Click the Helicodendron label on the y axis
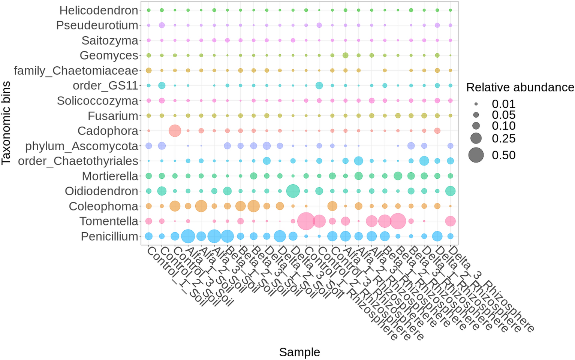(99, 10)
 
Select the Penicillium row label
(109, 236)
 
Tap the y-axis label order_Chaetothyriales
(78, 161)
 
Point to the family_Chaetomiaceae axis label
(76, 70)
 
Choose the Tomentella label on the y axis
(109, 221)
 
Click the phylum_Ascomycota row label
(82, 146)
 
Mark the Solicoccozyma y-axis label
(97, 101)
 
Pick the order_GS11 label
(105, 86)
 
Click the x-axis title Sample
(299, 352)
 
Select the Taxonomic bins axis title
(6, 123)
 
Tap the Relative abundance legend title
(520, 87)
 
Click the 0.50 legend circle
(476, 155)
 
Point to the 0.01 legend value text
(503, 104)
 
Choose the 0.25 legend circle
(476, 138)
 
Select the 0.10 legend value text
(503, 125)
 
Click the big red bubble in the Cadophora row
(175, 131)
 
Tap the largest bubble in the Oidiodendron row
(293, 191)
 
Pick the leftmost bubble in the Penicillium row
(149, 236)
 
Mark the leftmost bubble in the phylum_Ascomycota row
(149, 146)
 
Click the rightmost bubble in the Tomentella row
(450, 221)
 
